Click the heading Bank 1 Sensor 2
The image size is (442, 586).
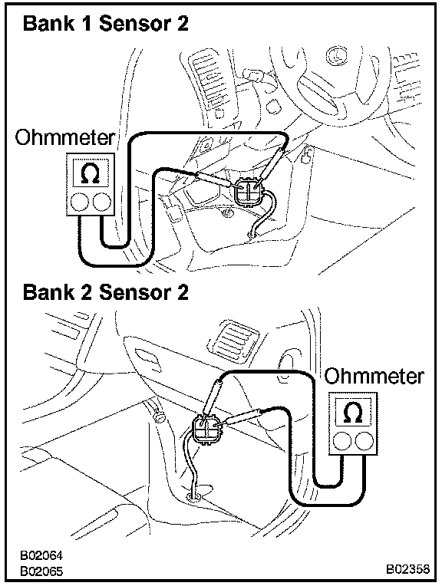(105, 24)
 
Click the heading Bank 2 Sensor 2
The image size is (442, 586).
(105, 292)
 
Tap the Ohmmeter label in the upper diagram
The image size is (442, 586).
(64, 137)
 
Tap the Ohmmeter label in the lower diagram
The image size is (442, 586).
(374, 376)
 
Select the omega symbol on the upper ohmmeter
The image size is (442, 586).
(90, 174)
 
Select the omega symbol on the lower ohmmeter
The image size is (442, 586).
(353, 413)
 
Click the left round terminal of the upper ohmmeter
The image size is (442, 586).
(79, 202)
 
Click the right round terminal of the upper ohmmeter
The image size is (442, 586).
(102, 202)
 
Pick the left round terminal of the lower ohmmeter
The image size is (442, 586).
(341, 441)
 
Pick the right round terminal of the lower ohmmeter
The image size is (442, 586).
(364, 441)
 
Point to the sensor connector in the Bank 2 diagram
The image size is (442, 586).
(206, 430)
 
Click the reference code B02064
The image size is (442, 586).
(41, 555)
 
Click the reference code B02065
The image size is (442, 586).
(41, 571)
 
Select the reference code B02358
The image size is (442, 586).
(408, 568)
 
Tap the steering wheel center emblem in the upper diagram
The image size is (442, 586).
(336, 57)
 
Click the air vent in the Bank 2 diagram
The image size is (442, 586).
(232, 339)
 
